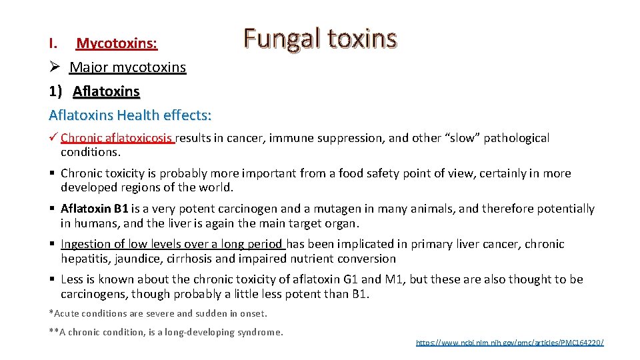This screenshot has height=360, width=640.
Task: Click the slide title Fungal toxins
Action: tap(320, 38)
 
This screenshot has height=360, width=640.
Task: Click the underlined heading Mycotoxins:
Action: tap(117, 44)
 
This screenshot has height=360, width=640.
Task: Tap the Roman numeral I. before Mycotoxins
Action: tap(54, 44)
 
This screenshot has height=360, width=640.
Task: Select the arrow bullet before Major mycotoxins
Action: tap(55, 67)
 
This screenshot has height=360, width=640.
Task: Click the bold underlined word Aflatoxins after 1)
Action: tap(106, 91)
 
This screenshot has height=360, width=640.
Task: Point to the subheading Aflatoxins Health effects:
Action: tap(130, 115)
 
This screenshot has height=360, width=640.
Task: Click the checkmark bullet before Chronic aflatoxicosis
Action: tap(54, 138)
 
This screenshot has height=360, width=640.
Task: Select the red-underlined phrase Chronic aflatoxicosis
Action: tap(116, 138)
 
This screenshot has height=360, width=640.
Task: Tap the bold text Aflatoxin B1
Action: tap(95, 209)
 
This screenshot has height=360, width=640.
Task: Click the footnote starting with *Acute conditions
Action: tap(158, 313)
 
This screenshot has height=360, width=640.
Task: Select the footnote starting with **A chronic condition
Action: tap(166, 332)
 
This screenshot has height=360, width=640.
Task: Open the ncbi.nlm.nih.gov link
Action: tap(509, 343)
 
